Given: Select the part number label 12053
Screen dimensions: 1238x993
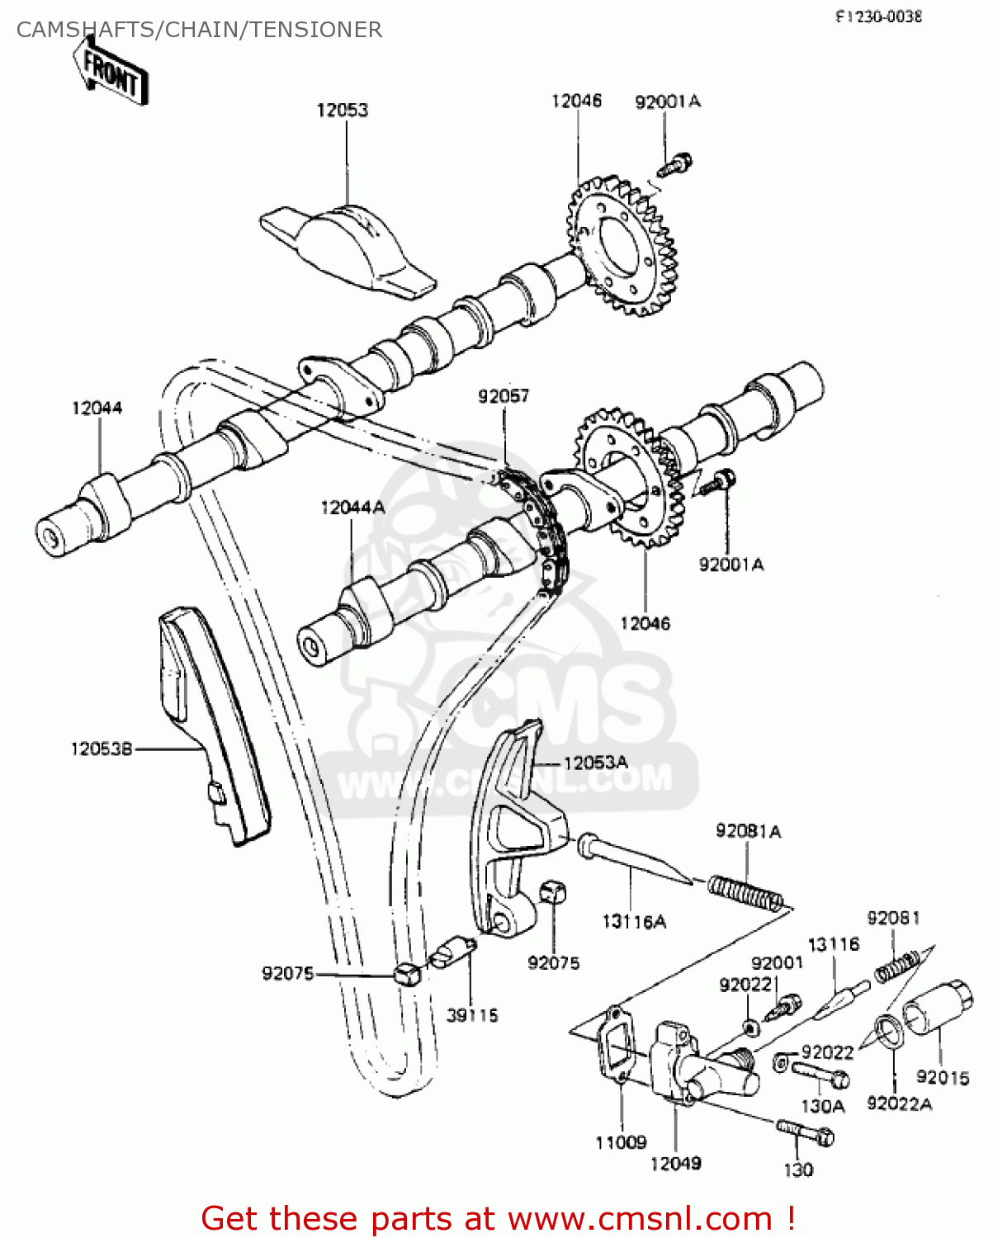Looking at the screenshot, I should (342, 110).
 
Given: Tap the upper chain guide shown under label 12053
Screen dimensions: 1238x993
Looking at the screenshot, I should (347, 243).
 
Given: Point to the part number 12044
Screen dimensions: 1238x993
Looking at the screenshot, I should (97, 408).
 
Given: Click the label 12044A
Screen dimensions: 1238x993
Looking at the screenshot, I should (352, 508).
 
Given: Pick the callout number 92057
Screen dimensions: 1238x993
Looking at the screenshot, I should (503, 396).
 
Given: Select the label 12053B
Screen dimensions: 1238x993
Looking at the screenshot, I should (101, 749).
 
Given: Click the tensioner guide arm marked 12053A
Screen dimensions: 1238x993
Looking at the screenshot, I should (512, 834).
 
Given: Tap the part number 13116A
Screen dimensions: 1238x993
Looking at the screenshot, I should (634, 922).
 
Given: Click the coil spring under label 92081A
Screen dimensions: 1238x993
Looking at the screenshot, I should (745, 893).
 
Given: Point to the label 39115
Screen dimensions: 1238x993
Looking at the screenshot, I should (472, 1015).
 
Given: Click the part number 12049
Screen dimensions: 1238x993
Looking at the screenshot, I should (675, 1163).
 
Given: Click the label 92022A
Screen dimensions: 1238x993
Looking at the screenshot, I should (899, 1103).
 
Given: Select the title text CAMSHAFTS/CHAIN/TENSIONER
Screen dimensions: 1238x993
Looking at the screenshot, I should (199, 30).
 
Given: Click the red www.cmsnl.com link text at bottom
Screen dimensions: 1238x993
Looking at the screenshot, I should (640, 1218).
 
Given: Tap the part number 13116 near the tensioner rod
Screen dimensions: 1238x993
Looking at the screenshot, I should (833, 944).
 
